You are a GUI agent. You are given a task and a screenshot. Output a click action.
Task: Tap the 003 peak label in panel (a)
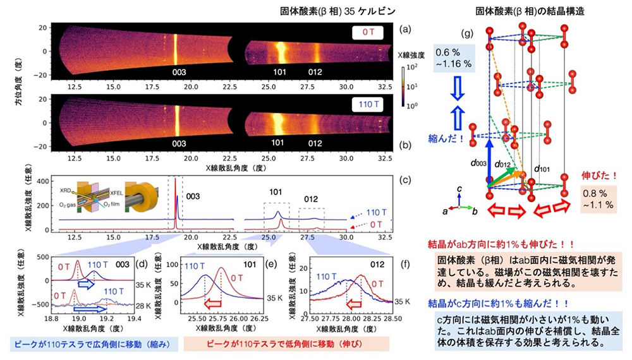[x=176, y=73]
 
